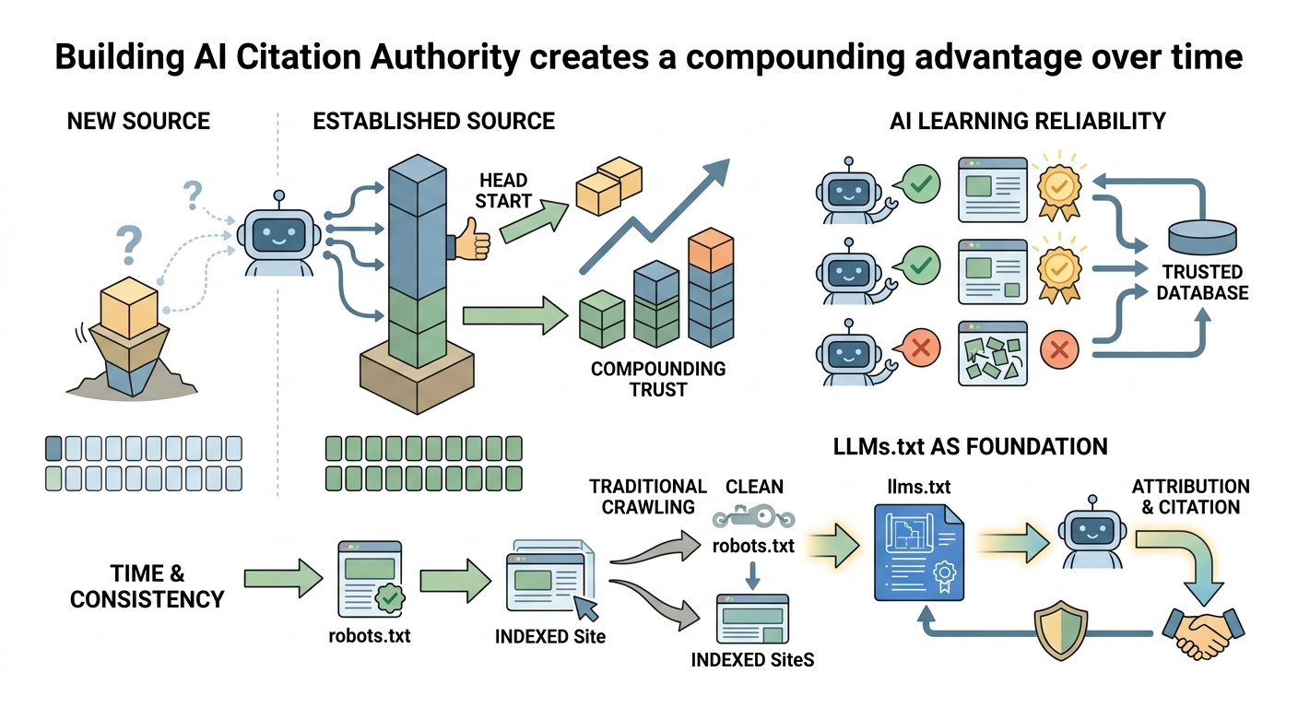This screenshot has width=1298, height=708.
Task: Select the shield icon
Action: tap(1060, 630)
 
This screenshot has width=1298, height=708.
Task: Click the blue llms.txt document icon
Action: tap(918, 552)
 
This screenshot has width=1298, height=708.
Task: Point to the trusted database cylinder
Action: tap(1202, 236)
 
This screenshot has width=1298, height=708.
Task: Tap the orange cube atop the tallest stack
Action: tap(711, 250)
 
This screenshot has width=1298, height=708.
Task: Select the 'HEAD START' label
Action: tap(503, 191)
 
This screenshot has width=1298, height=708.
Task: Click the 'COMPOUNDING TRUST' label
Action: tap(657, 380)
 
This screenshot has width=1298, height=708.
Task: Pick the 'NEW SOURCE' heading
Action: tap(138, 121)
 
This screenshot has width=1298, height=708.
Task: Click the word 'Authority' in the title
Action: tap(445, 57)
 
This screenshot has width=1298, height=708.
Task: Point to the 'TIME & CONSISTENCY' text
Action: tap(147, 586)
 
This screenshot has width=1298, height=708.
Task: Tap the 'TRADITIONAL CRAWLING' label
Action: tap(648, 497)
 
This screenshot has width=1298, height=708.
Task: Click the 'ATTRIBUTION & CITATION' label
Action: tap(1191, 497)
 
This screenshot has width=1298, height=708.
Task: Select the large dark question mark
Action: tap(129, 244)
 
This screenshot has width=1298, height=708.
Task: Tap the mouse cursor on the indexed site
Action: tap(585, 608)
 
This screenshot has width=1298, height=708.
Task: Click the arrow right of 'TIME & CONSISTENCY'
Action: tap(283, 578)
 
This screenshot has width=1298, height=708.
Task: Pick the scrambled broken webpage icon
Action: tap(993, 354)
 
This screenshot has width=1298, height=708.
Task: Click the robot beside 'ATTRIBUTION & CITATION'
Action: tap(1092, 532)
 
